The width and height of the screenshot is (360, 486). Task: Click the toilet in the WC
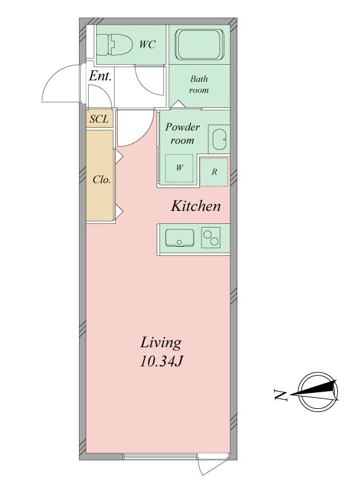tap(114, 44)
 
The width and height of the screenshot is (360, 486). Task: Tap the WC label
tap(147, 44)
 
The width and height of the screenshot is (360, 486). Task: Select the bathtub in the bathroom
tap(200, 44)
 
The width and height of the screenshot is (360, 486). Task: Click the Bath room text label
tap(199, 84)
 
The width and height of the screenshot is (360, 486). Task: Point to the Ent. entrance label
tap(100, 76)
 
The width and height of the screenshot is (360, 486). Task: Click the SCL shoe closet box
tap(99, 118)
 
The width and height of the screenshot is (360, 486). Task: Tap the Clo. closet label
tap(102, 179)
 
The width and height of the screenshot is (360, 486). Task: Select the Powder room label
tap(182, 134)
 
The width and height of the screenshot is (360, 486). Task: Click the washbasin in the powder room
tap(219, 139)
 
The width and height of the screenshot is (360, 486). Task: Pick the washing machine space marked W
tap(179, 168)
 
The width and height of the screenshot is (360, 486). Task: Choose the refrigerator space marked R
tap(214, 171)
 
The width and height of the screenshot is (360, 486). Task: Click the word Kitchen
tap(196, 206)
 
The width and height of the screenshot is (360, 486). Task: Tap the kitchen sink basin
tap(179, 237)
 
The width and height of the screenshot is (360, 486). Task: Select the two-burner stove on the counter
tap(211, 237)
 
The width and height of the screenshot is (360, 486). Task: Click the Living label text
tap(161, 343)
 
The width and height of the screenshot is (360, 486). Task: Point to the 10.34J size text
tap(161, 361)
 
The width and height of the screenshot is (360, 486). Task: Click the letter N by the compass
tap(281, 395)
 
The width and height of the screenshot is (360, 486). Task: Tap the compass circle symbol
tap(317, 392)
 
